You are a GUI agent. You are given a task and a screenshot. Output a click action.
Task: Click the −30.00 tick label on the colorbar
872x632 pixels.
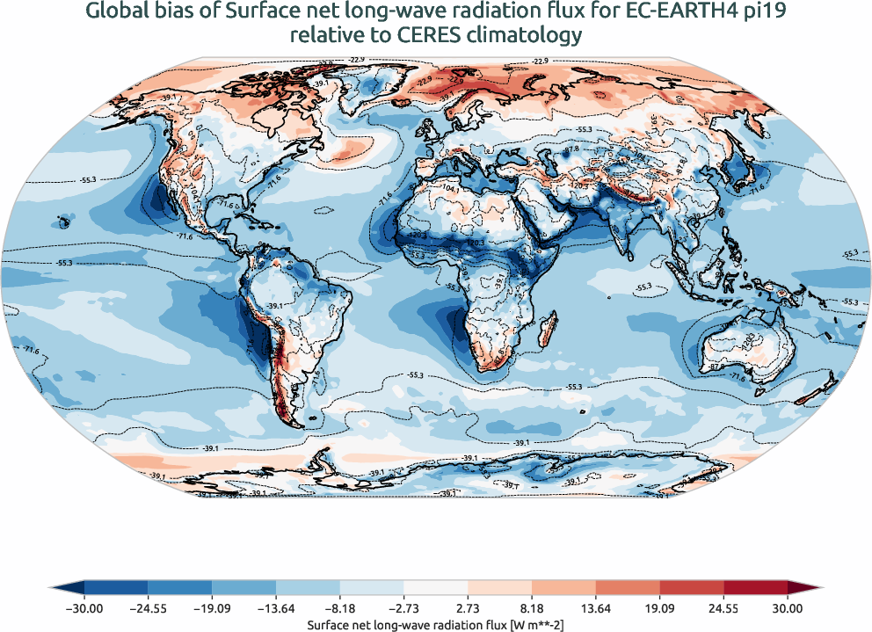pyautogui.click(x=84, y=607)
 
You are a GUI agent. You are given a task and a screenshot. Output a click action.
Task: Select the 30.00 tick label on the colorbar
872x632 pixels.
pyautogui.click(x=788, y=607)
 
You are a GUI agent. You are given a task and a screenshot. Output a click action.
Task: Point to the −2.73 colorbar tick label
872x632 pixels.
pyautogui.click(x=403, y=607)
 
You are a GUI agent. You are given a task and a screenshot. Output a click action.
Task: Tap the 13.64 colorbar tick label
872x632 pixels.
pyautogui.click(x=595, y=607)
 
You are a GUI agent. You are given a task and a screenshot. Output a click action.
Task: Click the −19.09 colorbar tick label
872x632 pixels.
pyautogui.click(x=212, y=607)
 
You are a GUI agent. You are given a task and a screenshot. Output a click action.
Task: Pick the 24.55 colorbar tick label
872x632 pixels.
pyautogui.click(x=723, y=607)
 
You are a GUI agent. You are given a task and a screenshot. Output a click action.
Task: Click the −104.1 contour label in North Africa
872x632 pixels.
pyautogui.click(x=454, y=189)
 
